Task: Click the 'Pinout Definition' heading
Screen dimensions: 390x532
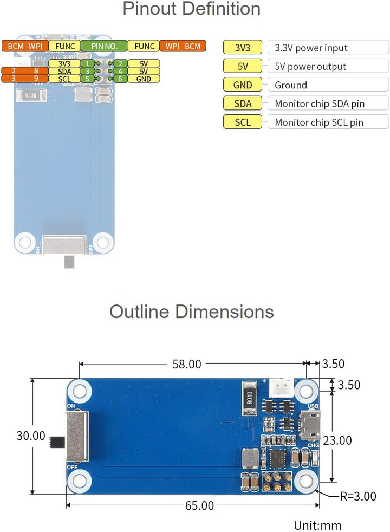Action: pos(191,9)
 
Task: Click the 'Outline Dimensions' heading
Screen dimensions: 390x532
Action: pos(191,312)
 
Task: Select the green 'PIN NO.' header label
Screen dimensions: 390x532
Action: pos(104,46)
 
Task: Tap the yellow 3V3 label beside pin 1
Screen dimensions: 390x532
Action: pos(64,63)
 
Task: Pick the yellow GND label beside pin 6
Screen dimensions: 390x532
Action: pos(144,79)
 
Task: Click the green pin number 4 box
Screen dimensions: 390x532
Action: pos(120,72)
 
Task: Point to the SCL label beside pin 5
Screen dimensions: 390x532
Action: pos(64,79)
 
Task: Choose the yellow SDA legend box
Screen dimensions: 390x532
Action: pos(243,103)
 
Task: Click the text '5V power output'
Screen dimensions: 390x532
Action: pos(310,67)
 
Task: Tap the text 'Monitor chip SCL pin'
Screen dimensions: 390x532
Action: pos(319,122)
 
